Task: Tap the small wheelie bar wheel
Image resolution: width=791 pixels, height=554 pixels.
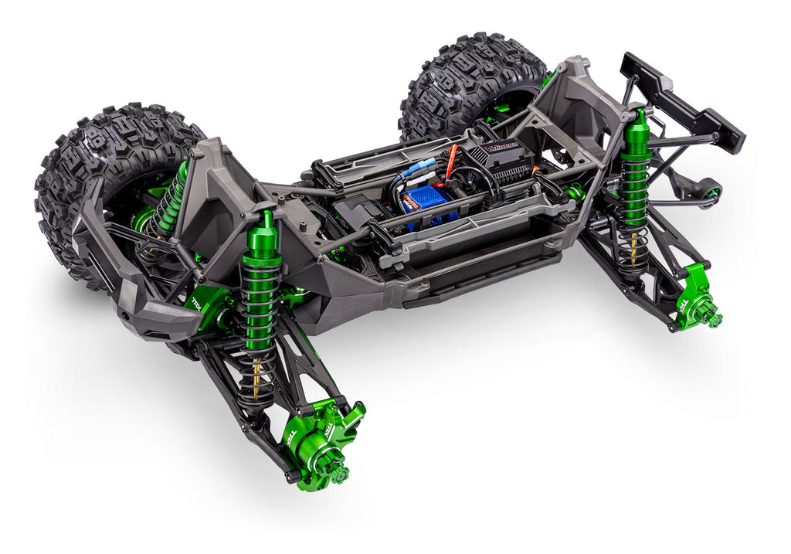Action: point(708,189)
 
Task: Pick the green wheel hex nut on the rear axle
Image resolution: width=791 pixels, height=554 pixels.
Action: point(711,317)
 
